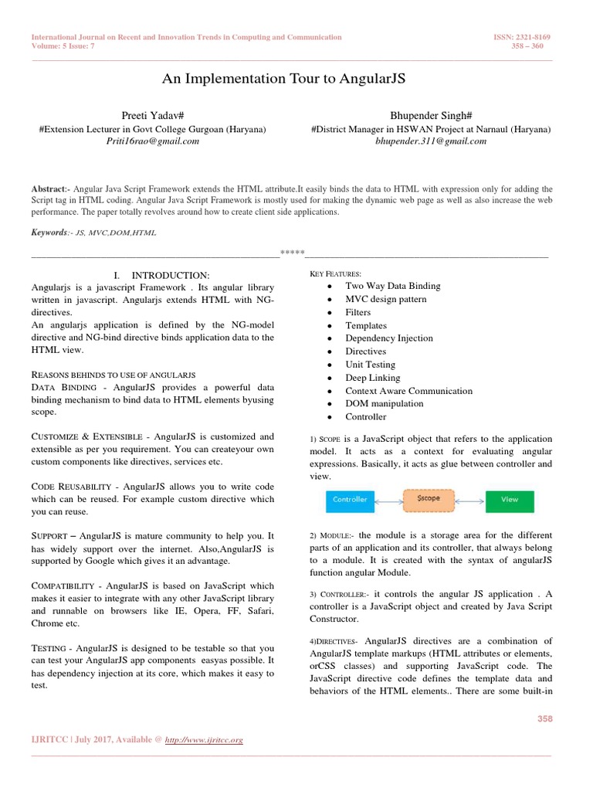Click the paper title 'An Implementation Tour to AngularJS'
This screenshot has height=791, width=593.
283,79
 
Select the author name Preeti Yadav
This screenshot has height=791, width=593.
152,115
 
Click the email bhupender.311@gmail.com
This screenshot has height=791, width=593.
431,141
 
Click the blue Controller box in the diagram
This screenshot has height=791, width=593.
350,499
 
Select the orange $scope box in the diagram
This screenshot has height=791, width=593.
428,499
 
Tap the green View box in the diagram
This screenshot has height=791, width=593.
510,499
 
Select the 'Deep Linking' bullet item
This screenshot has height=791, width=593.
372,378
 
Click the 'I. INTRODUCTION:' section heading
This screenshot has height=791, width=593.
161,275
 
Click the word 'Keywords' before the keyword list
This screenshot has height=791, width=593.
49,233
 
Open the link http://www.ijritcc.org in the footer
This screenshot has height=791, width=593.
204,740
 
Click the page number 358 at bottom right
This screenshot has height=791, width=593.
545,719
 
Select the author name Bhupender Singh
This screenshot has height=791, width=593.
431,115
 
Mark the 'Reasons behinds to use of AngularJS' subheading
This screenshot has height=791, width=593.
113,374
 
